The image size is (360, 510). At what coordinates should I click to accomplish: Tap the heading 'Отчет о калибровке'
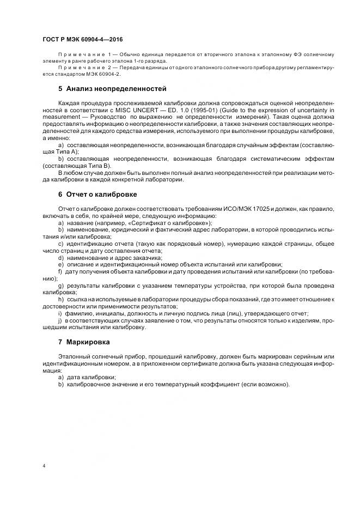pyautogui.click(x=101, y=195)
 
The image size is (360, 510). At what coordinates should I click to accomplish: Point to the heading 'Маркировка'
pyautogui.click(x=88, y=342)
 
